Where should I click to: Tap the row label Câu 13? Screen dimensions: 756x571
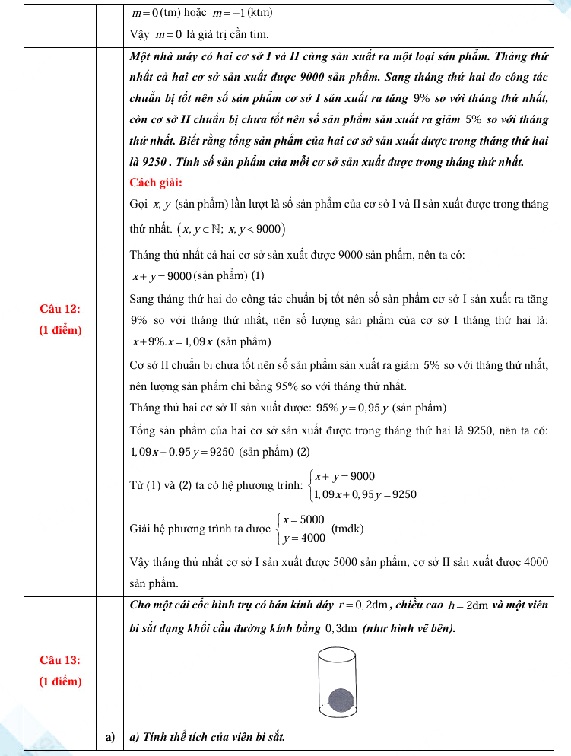(61, 659)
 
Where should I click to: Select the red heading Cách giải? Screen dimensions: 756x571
(156, 182)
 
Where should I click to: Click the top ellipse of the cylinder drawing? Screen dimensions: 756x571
(338, 653)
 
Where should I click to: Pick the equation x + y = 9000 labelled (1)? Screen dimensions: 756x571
(162, 275)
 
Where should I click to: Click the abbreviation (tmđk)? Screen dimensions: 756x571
(347, 529)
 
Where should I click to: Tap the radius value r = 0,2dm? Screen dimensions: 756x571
(362, 605)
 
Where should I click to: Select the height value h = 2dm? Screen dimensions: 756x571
(467, 605)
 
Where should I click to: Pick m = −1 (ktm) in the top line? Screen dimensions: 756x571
(234, 14)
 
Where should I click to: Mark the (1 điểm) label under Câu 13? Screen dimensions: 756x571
(61, 681)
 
